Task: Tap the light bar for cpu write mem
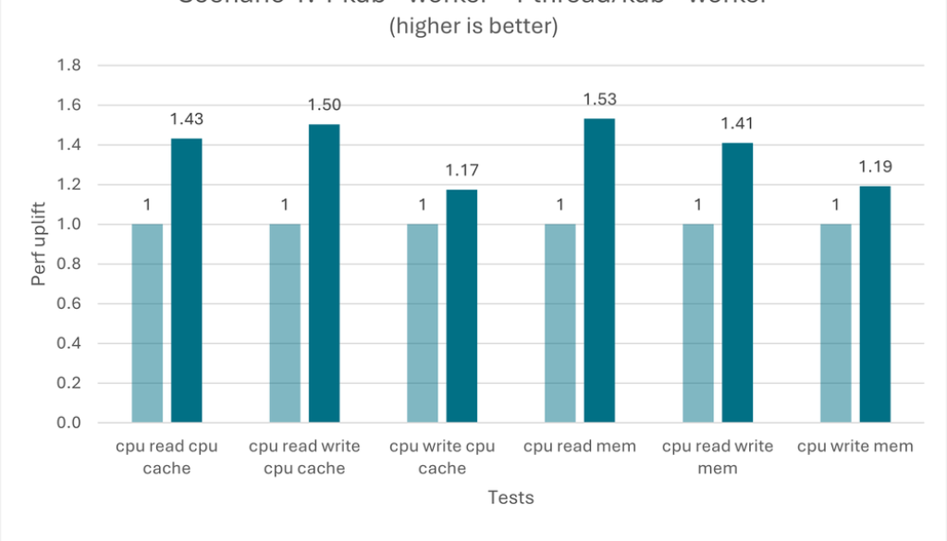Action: tap(836, 323)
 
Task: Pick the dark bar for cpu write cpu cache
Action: tap(461, 306)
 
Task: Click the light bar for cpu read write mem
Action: tap(698, 323)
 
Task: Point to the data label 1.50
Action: tap(324, 105)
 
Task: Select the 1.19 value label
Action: tap(875, 167)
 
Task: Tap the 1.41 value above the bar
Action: tap(737, 124)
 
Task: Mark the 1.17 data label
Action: tap(461, 171)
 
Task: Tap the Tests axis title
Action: tap(510, 498)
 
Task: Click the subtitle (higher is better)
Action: tap(473, 28)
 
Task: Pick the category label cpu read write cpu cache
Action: tap(304, 457)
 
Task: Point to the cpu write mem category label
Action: tap(855, 447)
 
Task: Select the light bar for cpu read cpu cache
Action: tap(147, 323)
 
